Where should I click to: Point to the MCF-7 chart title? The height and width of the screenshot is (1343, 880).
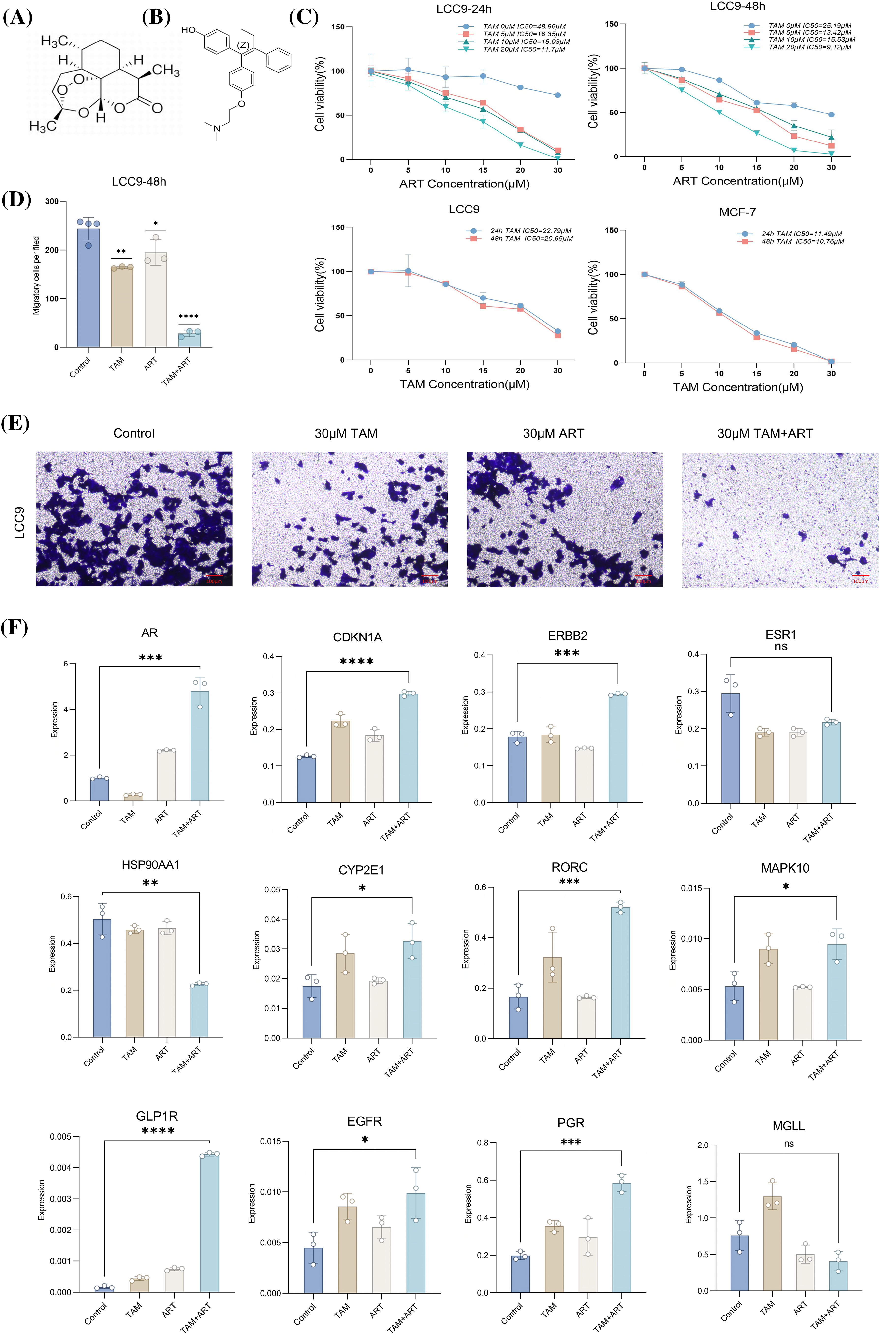coord(737,212)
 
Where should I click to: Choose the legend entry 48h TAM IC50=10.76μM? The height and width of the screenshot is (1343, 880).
coord(802,241)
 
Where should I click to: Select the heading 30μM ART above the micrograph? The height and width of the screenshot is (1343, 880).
coord(553,433)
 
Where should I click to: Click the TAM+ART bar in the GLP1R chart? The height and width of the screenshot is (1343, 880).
coord(209,1222)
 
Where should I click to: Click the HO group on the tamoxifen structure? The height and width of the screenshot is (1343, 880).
coord(189,30)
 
